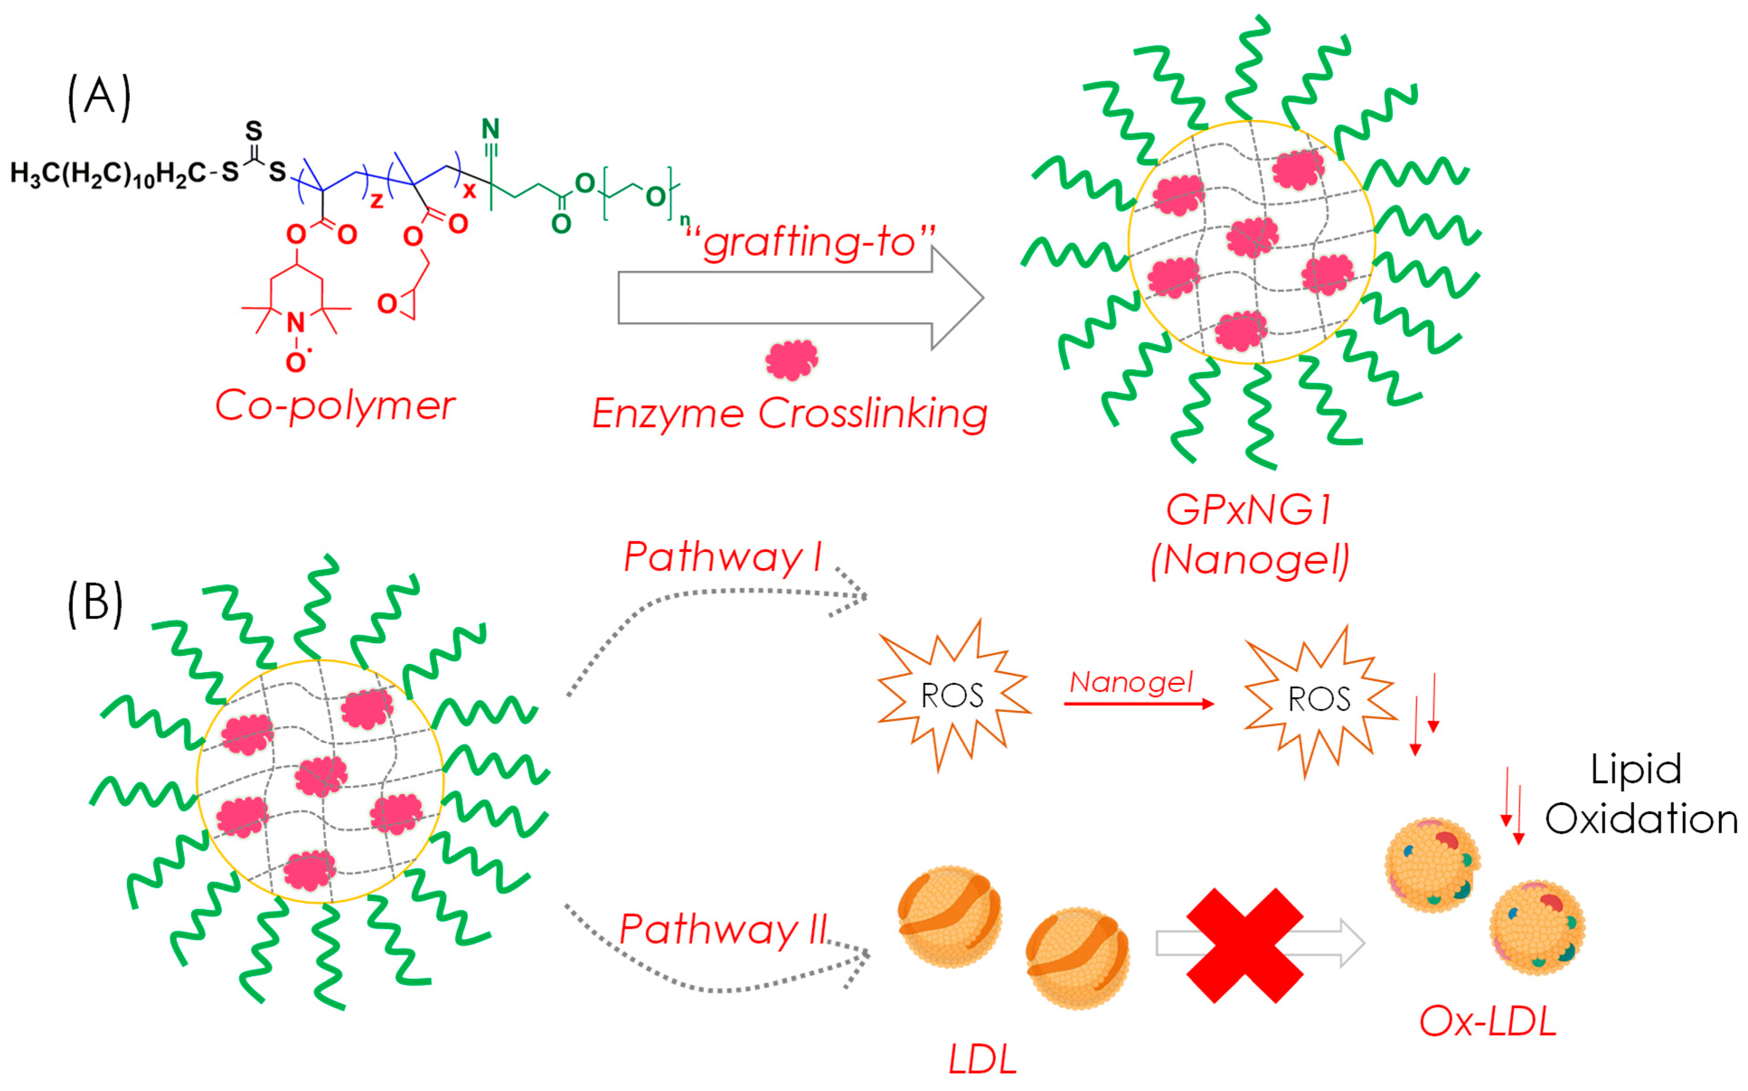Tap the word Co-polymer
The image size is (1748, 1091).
(335, 406)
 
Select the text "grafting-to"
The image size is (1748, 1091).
(809, 242)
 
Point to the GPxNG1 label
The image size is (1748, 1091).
(1249, 510)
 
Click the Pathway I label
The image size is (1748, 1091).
(723, 557)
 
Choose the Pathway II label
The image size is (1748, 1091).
(723, 929)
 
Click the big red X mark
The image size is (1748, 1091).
(1245, 945)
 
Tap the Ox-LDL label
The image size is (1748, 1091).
(1488, 1022)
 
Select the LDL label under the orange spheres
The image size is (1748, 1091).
(982, 1059)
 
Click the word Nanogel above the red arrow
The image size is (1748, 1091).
(1131, 682)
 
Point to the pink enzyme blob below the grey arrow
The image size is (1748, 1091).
(791, 359)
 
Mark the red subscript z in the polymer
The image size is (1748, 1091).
(376, 201)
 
